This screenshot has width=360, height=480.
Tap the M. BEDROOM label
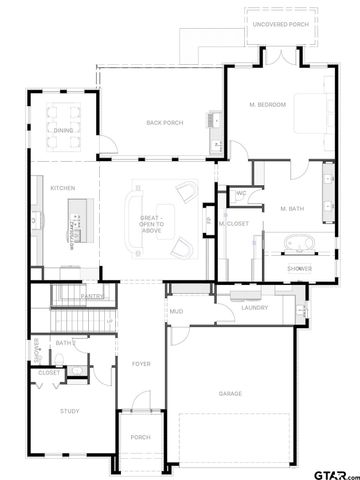pos(268,105)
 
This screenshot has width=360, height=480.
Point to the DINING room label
pos(64,131)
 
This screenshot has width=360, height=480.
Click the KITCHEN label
pos(49,185)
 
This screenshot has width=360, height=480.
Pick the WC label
pos(242,193)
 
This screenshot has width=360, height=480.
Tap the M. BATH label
pos(292,207)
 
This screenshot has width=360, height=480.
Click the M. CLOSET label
pos(233,223)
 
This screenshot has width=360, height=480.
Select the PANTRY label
pos(94,296)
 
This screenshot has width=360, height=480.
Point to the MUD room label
pos(176,311)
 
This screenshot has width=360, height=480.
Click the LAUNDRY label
pos(255,307)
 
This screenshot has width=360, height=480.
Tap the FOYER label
pos(141,363)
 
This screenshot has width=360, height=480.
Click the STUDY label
pos(69,411)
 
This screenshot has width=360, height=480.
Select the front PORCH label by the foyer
pos(140,437)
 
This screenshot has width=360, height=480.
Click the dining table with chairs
pos(65,116)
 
